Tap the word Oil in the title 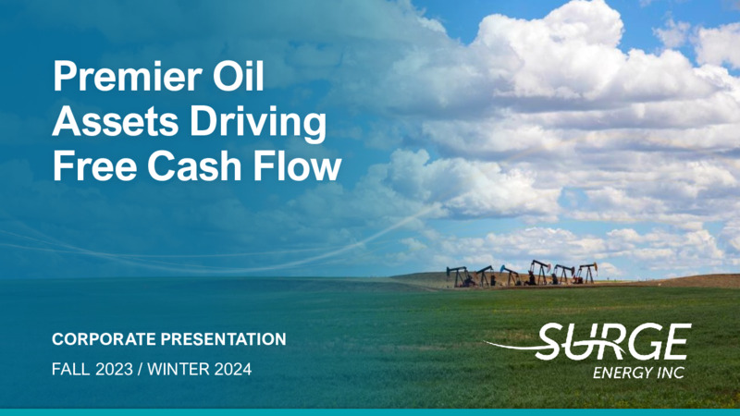point(239,76)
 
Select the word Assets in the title point(116,121)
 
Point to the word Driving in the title point(258,123)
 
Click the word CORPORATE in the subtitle point(104,339)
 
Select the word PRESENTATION point(223,339)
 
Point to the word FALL point(71,369)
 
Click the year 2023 point(114,369)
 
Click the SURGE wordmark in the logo point(613,341)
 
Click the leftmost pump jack point(458,276)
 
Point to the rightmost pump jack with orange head point(586,273)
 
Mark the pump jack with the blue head point(510,275)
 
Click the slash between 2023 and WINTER point(141,369)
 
